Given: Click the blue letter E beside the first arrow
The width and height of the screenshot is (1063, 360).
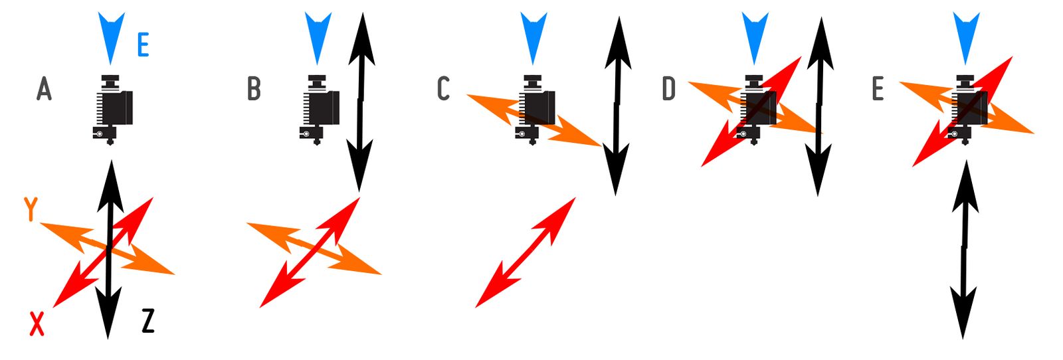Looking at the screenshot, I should coord(143,46).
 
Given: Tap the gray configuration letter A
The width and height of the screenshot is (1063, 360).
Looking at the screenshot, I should coord(44,88).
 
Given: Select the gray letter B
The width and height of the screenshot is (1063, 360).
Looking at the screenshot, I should coord(253,88).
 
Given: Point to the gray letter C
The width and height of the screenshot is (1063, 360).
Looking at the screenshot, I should coord(444,88).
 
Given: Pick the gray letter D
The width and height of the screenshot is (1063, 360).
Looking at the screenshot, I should coord(668,88).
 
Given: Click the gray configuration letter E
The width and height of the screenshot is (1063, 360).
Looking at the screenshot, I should coord(878,88).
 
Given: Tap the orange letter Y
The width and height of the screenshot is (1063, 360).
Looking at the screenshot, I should coord(31,209).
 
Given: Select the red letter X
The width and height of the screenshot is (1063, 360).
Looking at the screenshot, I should coord(37,323).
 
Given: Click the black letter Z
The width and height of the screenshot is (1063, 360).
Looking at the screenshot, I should coord(148,321).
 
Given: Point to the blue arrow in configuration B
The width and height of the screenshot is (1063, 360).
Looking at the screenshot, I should coord(318,37).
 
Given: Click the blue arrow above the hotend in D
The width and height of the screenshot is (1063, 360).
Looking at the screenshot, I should coord(754,37).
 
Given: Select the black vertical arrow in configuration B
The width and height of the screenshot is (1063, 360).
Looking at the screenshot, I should coord(361,100).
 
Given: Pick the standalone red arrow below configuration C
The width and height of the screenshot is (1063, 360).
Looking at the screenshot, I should coord(525,252).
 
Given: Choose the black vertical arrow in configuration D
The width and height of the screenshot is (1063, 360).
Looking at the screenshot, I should coord(820,106).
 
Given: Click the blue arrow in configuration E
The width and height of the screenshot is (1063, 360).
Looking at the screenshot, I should coord(966,37).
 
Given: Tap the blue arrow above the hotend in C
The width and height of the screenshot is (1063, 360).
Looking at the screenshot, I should coord(533,37).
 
